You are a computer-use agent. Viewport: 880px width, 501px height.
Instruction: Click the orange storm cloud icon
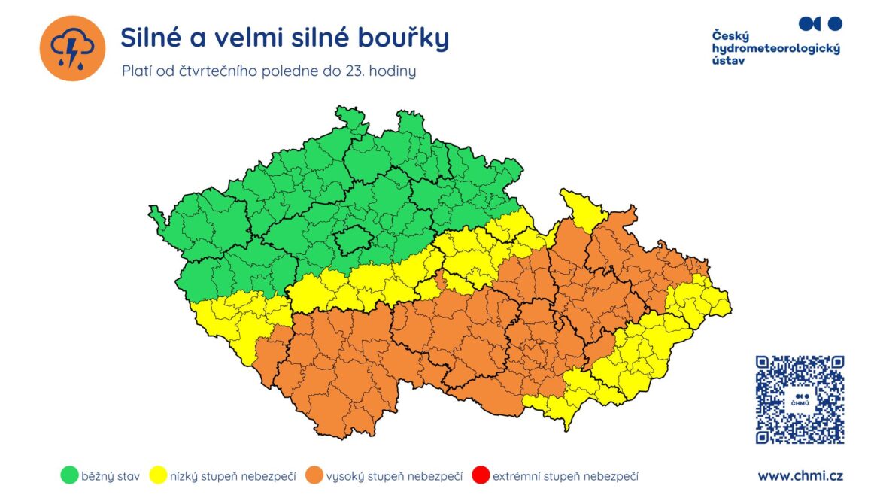[x=72, y=48]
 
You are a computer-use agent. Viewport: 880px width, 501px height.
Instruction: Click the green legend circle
[x=69, y=475]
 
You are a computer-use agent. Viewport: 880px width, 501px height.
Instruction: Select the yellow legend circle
[x=159, y=475]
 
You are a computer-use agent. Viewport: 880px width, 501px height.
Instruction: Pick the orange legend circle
[x=314, y=475]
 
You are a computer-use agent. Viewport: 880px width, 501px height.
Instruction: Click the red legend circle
[x=481, y=475]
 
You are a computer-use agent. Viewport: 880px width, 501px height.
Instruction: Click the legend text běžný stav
[x=111, y=476]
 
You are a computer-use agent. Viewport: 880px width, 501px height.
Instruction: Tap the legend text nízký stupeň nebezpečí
[x=233, y=476]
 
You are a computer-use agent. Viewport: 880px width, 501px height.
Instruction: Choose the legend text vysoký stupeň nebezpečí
[x=393, y=476]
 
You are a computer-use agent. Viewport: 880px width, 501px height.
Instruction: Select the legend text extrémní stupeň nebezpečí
[x=566, y=476]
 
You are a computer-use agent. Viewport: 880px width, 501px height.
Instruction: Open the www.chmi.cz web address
[x=800, y=475]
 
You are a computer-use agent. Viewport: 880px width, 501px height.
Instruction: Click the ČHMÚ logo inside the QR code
[x=800, y=399]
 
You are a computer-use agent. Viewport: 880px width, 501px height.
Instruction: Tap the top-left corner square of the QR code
[x=766, y=366]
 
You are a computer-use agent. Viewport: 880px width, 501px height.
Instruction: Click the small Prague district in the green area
[x=351, y=241]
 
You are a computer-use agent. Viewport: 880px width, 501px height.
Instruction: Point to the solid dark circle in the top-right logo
[x=834, y=23]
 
